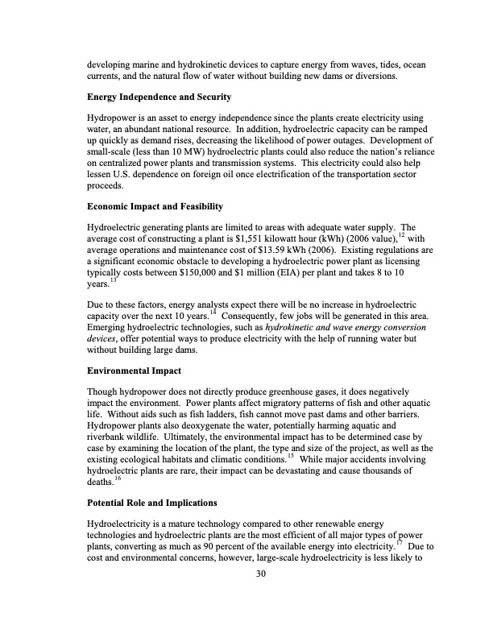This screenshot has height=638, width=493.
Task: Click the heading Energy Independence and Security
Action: [159, 97]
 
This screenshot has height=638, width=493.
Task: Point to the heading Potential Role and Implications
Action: [152, 503]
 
